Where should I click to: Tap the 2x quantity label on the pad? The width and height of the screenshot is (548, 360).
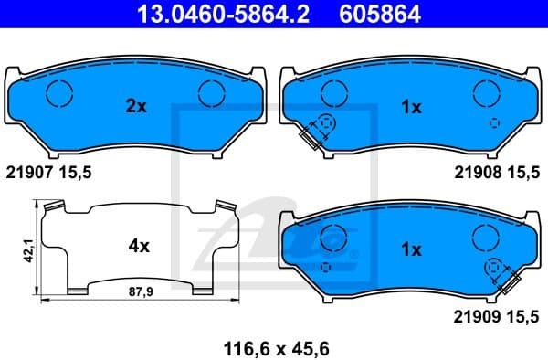(135, 107)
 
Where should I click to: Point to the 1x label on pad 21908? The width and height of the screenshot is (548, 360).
(411, 107)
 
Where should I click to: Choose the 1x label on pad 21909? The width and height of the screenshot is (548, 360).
(411, 249)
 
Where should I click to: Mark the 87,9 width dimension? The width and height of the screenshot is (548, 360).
(136, 292)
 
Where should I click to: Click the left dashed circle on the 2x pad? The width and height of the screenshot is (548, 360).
(59, 92)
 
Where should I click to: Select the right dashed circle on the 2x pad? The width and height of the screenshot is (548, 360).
(212, 92)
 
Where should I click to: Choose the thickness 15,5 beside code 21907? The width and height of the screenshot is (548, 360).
(77, 171)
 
